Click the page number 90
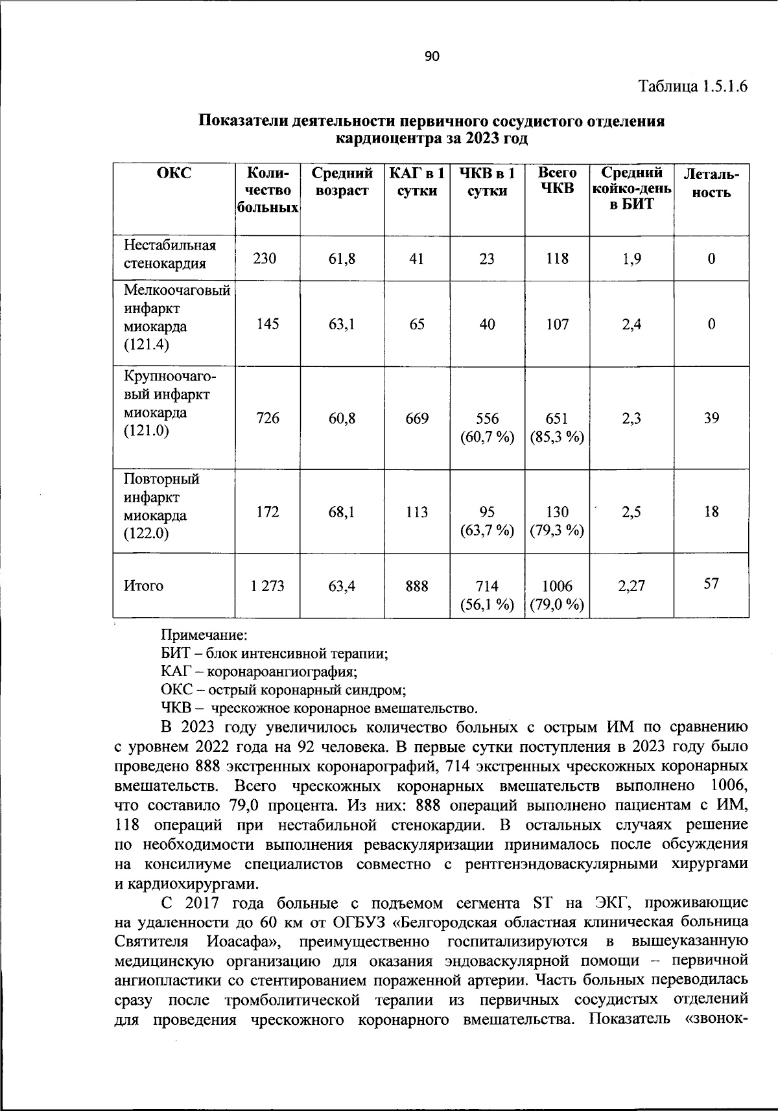click(432, 57)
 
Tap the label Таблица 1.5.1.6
click(693, 86)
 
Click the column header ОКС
click(174, 173)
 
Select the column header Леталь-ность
click(711, 183)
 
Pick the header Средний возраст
click(342, 182)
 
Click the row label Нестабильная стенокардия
click(169, 255)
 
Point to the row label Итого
click(143, 586)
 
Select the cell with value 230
click(265, 259)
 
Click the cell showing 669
click(417, 419)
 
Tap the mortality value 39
click(711, 419)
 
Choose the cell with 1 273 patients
click(267, 586)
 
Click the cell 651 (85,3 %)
click(557, 428)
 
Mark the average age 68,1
click(342, 512)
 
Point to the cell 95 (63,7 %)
click(486, 521)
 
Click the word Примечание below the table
click(204, 635)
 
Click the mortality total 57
click(711, 584)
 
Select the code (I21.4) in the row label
click(146, 344)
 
